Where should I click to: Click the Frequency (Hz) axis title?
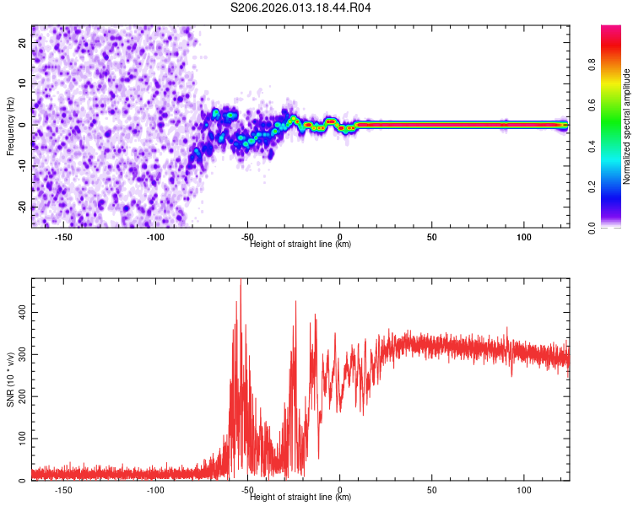tap(10, 126)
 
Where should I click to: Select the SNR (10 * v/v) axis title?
tap(10, 379)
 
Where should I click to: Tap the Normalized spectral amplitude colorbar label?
tap(626, 127)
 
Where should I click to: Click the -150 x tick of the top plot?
tap(63, 237)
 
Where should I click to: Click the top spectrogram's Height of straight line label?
tap(300, 245)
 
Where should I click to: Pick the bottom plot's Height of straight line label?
tap(300, 498)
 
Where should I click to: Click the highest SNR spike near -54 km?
tap(241, 282)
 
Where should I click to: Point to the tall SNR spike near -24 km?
tap(295, 301)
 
